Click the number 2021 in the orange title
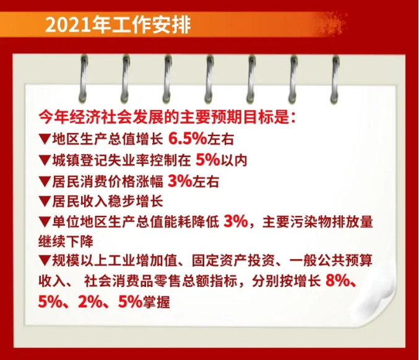pyautogui.click(x=67, y=25)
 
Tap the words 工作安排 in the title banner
pyautogui.click(x=149, y=25)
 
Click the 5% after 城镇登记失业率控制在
pyautogui.click(x=207, y=160)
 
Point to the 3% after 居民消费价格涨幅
pyautogui.click(x=179, y=181)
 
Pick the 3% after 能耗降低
pyautogui.click(x=236, y=221)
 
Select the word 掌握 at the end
pyautogui.click(x=157, y=302)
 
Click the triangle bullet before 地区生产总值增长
pyautogui.click(x=45, y=139)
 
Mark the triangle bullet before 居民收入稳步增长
pyautogui.click(x=45, y=202)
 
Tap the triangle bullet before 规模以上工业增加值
pyautogui.click(x=45, y=261)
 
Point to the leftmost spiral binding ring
pyautogui.click(x=84, y=79)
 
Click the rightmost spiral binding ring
pyautogui.click(x=335, y=79)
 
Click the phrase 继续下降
pyautogui.click(x=66, y=242)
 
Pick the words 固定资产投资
pyautogui.click(x=233, y=261)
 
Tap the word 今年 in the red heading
pyautogui.click(x=53, y=117)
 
